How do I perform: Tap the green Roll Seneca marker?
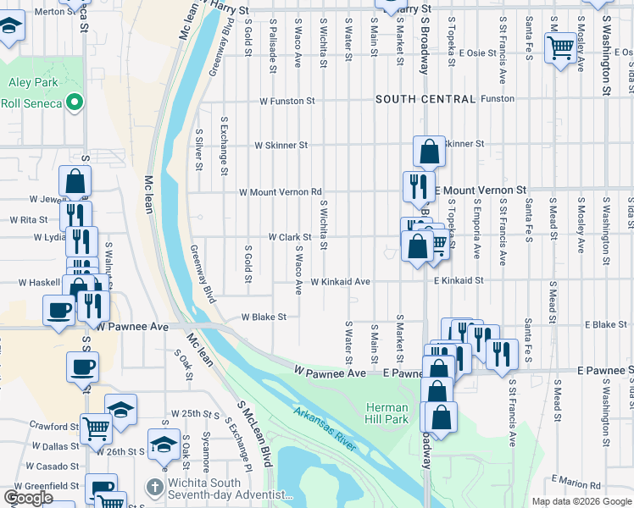click(x=75, y=103)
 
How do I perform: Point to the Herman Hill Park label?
click(x=387, y=413)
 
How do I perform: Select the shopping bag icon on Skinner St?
click(x=430, y=152)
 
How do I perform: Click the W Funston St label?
click(x=287, y=100)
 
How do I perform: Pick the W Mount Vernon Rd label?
click(x=281, y=192)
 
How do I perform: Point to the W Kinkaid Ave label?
click(x=340, y=281)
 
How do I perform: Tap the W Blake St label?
click(x=264, y=317)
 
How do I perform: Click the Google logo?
click(x=29, y=498)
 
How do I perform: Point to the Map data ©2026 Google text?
click(x=581, y=501)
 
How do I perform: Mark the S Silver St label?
click(x=199, y=149)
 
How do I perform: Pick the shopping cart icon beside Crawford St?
click(x=95, y=429)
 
